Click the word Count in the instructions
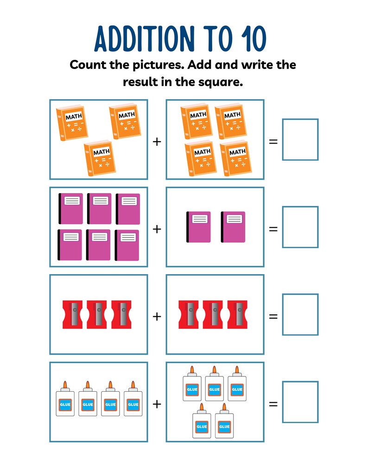tap(88, 65)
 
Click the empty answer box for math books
tap(300, 139)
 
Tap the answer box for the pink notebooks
tap(300, 227)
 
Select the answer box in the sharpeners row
tap(300, 314)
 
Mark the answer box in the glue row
tap(300, 402)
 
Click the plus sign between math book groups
tap(157, 141)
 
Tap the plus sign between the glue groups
tap(157, 404)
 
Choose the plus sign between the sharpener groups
tap(157, 317)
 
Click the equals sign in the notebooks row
tap(273, 229)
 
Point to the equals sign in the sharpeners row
tap(273, 317)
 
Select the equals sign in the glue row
tap(273, 404)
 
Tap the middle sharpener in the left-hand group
tap(97, 314)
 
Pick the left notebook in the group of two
tap(198, 227)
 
